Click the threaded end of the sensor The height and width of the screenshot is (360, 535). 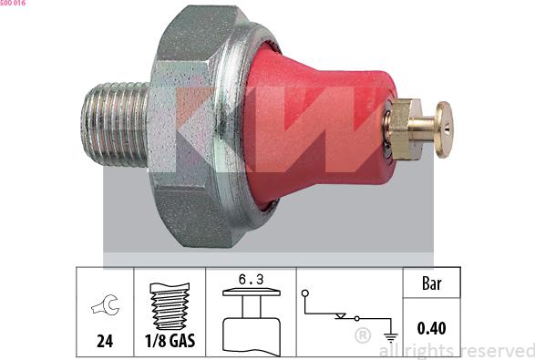tap(115, 124)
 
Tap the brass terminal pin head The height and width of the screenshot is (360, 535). tap(444, 129)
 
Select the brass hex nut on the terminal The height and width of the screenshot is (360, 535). tap(405, 129)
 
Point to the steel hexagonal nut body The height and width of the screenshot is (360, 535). tap(186, 127)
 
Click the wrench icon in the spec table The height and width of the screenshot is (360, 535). tap(106, 304)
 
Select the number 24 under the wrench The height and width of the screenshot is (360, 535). tap(105, 341)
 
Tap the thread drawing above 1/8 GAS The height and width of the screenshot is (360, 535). tap(170, 306)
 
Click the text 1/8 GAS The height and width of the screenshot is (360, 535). tap(170, 341)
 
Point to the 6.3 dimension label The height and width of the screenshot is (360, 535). tap(252, 280)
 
